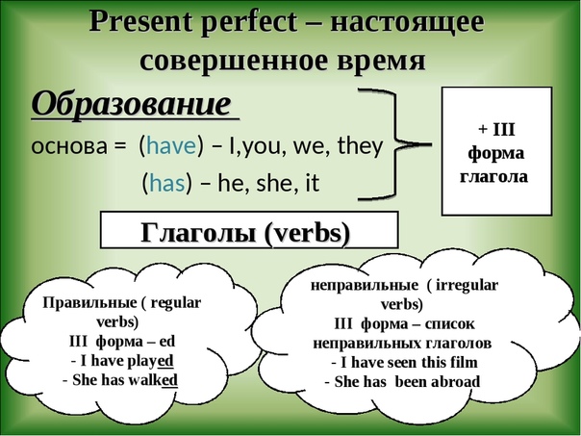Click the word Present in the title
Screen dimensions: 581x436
(x=140, y=22)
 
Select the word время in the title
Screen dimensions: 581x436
(x=381, y=62)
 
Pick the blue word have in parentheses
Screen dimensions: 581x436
(x=171, y=145)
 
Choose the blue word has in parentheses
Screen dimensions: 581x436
(x=167, y=183)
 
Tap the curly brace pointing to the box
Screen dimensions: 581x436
(x=395, y=144)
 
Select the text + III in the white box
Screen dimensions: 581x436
(x=496, y=130)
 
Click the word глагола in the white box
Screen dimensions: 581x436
(x=493, y=176)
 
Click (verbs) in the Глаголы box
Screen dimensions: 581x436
(x=308, y=234)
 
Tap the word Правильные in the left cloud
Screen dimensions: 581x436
(x=89, y=303)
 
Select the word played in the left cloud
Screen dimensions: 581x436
(x=150, y=361)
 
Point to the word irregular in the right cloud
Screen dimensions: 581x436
(x=467, y=286)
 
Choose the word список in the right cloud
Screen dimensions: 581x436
(x=449, y=324)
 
